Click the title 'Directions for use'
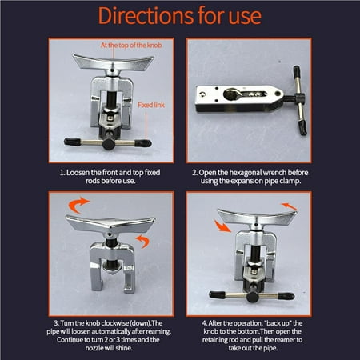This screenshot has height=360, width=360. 179,18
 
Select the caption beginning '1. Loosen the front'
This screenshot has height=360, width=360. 100,176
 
